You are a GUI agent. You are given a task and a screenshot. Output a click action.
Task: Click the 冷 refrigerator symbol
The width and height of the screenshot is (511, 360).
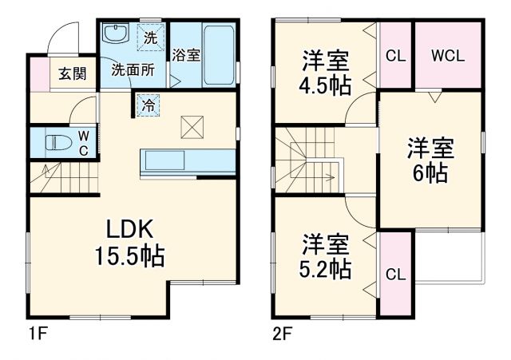tap(149, 104)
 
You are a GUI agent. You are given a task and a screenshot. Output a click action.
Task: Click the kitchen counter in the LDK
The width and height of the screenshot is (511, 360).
tap(188, 160)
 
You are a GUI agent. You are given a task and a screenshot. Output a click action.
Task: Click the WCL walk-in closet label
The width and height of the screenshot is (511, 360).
tap(448, 57)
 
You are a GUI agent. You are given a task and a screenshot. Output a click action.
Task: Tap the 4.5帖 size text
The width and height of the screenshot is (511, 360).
tap(325, 85)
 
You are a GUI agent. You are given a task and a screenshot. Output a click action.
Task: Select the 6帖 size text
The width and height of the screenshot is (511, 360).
tap(431, 173)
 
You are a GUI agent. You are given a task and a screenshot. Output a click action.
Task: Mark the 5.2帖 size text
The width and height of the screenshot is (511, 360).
tap(326, 268)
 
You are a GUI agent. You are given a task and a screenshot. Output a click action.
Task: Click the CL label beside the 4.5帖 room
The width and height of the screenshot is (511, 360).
tap(395, 57)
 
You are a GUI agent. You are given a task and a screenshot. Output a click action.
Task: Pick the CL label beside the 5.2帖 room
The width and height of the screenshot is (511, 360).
tap(395, 274)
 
